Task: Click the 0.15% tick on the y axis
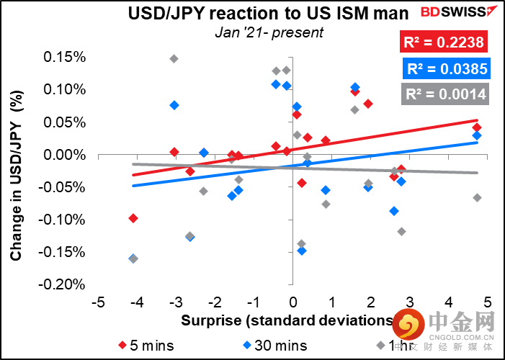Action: pyautogui.click(x=66, y=58)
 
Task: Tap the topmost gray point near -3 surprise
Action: pyautogui.click(x=174, y=58)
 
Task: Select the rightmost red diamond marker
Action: pyautogui.click(x=477, y=127)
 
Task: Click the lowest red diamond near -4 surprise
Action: pyautogui.click(x=133, y=218)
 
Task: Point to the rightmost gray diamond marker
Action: pyautogui.click(x=477, y=197)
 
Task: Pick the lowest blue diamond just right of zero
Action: pyautogui.click(x=302, y=251)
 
